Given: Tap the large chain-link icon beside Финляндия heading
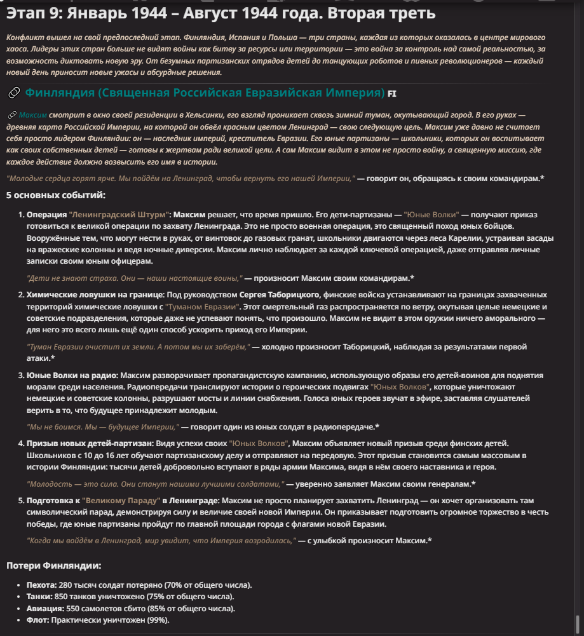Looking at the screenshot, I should click(13, 93).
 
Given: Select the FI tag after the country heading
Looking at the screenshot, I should click(392, 94).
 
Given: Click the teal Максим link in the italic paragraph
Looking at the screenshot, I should click(32, 115).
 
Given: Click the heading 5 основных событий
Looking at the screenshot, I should click(56, 196).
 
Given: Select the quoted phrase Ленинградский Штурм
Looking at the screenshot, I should click(119, 215).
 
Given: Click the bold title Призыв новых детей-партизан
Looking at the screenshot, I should click(90, 443).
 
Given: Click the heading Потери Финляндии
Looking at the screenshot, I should click(53, 565).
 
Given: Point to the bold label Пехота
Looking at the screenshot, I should click(41, 585).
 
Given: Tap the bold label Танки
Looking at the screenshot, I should click(39, 597).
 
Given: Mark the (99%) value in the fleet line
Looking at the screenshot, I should click(158, 620).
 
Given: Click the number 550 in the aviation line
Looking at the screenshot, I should click(74, 609).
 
